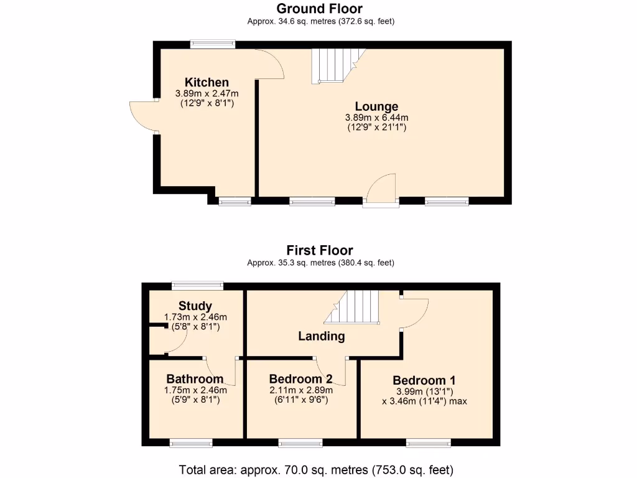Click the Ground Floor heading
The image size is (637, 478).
pyautogui.click(x=320, y=9)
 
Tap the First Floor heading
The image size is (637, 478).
pyautogui.click(x=318, y=251)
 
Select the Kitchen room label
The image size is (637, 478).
pyautogui.click(x=207, y=82)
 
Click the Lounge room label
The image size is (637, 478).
pyautogui.click(x=376, y=106)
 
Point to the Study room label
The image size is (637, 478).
pyautogui.click(x=195, y=306)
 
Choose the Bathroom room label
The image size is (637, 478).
pyautogui.click(x=195, y=379)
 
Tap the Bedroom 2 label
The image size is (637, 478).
pyautogui.click(x=300, y=379)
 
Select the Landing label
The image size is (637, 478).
pyautogui.click(x=321, y=336)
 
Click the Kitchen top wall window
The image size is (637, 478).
pyautogui.click(x=213, y=44)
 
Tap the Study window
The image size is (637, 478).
pyautogui.click(x=198, y=286)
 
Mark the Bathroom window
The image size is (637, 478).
pyautogui.click(x=191, y=443)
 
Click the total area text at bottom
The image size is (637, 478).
pyautogui.click(x=316, y=469)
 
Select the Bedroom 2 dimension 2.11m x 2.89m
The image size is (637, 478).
pyautogui.click(x=300, y=390)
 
